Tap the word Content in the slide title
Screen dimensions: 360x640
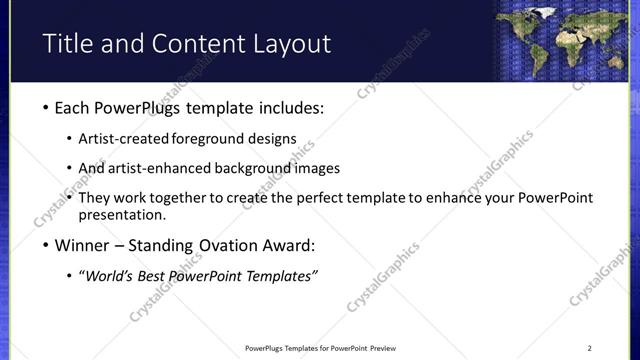194,44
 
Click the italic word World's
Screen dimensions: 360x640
110,276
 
